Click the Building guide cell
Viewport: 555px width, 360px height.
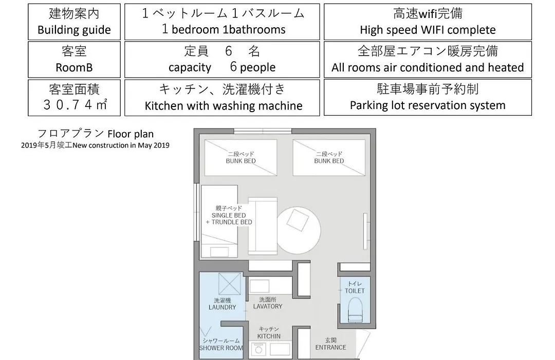(x=74, y=22)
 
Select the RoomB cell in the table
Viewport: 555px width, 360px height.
(x=74, y=60)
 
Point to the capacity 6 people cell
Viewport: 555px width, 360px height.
(x=222, y=60)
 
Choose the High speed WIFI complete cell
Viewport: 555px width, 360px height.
(x=428, y=22)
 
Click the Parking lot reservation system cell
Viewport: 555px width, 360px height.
(x=428, y=97)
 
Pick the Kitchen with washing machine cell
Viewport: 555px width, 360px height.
(x=222, y=97)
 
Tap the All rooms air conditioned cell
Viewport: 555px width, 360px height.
(x=428, y=60)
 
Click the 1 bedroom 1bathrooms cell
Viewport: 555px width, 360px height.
(x=222, y=22)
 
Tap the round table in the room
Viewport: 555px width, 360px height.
(x=299, y=231)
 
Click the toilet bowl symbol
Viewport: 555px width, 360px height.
(x=355, y=309)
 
